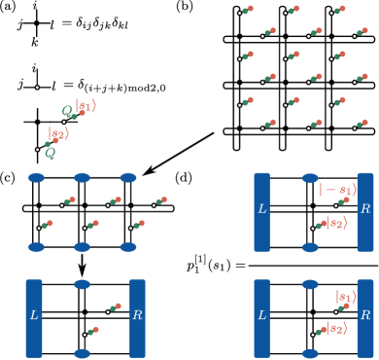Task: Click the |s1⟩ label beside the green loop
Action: (86, 106)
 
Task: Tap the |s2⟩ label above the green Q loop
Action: (58, 134)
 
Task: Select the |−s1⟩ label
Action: (337, 189)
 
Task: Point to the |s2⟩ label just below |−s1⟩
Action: (335, 222)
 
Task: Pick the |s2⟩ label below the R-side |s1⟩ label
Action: (335, 328)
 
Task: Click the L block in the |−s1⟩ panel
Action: (261, 211)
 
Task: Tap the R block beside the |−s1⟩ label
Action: (365, 211)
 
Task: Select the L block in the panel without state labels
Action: (34, 317)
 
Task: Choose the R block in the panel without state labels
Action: (137, 317)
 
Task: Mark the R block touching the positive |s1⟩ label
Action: (365, 317)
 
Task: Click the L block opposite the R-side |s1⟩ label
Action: (261, 317)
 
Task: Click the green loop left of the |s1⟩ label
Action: (69, 112)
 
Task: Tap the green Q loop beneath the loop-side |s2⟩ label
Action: (50, 153)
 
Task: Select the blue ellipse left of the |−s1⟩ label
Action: (310, 178)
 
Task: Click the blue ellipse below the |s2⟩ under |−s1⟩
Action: (310, 247)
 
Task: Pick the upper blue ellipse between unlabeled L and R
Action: (82, 284)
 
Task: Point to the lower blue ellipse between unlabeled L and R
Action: (82, 353)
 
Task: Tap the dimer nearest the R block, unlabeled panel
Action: (115, 307)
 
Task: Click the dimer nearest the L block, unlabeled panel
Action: (91, 331)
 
